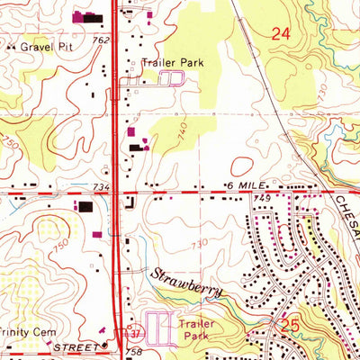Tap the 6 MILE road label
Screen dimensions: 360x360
240,184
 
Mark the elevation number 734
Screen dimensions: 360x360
100,185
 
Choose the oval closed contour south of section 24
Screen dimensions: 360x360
242,166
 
